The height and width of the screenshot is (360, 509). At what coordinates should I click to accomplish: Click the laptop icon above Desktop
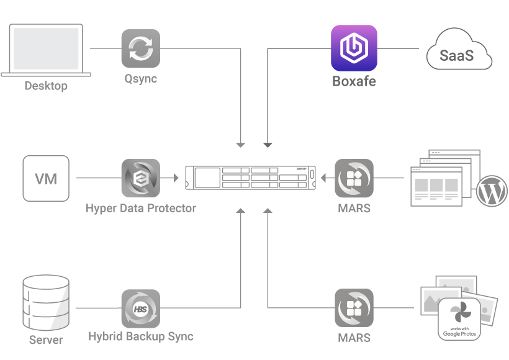46,50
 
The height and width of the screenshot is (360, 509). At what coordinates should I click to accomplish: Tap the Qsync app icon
140,48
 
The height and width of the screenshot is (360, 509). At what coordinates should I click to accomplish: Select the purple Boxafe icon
354,48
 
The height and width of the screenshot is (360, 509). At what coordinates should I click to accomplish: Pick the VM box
46,179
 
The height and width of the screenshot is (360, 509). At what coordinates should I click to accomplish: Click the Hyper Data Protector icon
140,179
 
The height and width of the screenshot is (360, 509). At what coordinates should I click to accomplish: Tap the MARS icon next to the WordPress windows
354,179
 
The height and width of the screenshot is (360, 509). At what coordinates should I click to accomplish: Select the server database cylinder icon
45,304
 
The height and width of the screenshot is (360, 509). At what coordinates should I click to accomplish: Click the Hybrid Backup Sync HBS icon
140,308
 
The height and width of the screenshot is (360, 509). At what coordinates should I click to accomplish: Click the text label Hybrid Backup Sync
141,337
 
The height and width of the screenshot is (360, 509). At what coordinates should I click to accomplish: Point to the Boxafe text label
354,81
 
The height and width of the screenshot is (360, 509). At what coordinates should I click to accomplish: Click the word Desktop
46,86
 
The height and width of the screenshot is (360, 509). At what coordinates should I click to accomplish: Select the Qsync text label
140,79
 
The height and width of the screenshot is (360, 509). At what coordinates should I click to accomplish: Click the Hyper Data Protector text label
141,209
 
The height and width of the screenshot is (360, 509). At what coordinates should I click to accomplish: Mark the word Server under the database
46,340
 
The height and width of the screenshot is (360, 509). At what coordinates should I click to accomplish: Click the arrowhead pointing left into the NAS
323,179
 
